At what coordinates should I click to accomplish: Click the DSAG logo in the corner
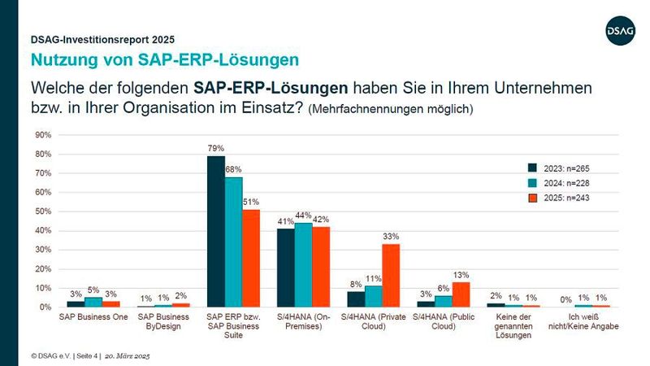621,30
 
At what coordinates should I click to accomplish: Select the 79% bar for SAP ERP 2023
215,231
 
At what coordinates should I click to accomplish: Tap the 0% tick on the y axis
45,307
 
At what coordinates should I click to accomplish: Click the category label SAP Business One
93,316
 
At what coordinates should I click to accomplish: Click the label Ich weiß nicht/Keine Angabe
583,321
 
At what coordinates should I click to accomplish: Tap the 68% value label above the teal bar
233,169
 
